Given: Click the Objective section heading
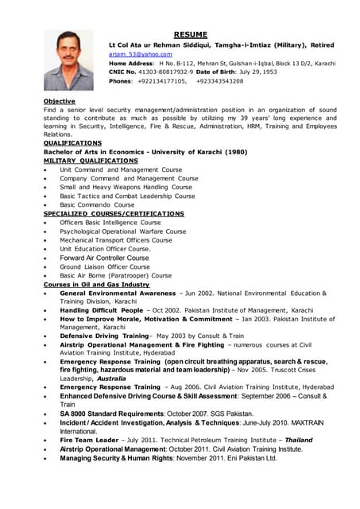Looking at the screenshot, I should pos(60,101).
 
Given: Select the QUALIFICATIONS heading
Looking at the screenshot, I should pos(72,142).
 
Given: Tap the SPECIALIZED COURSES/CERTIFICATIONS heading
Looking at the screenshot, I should pos(114,214).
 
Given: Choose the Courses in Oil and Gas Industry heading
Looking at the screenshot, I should pos(96,284).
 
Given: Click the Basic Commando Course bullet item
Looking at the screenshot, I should pos(97,204).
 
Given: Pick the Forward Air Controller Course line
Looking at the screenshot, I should pos(104,258).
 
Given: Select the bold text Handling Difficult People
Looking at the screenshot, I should pos(99,310).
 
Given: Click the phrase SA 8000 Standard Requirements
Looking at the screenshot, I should pos(110,414).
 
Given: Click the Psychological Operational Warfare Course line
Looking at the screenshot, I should pos(122,231).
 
